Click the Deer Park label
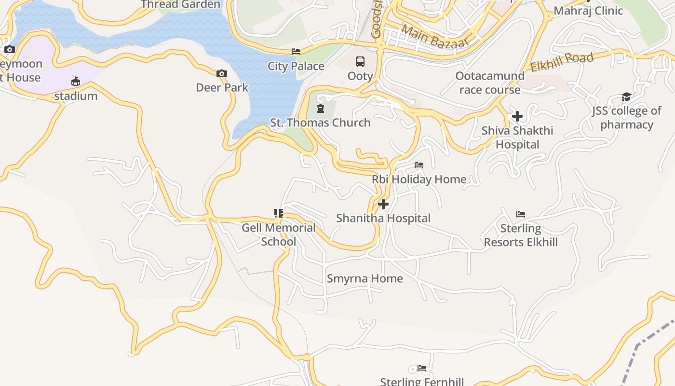click(222, 87)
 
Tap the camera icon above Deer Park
click(222, 73)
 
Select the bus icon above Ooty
click(360, 61)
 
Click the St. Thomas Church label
click(320, 123)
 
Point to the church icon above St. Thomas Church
click(321, 108)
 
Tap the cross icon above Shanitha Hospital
click(383, 204)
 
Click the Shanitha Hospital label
click(383, 218)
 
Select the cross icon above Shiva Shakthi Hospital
click(517, 116)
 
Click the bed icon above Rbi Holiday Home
click(419, 165)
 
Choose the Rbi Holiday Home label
click(419, 179)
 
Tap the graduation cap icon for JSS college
click(626, 96)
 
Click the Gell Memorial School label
click(279, 234)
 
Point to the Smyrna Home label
click(365, 278)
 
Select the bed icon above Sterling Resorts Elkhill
click(521, 214)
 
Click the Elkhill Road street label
click(562, 62)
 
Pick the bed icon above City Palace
click(296, 52)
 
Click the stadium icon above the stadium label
click(76, 81)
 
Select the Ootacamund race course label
click(490, 83)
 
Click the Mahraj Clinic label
click(588, 11)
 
